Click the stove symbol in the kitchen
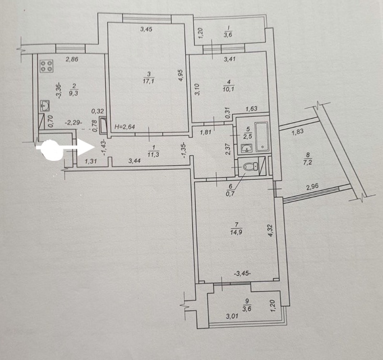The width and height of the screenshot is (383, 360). pyautogui.click(x=46, y=66)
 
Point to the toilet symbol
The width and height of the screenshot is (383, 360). pyautogui.click(x=250, y=167)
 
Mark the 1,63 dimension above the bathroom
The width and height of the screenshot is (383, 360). pyautogui.click(x=252, y=109)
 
